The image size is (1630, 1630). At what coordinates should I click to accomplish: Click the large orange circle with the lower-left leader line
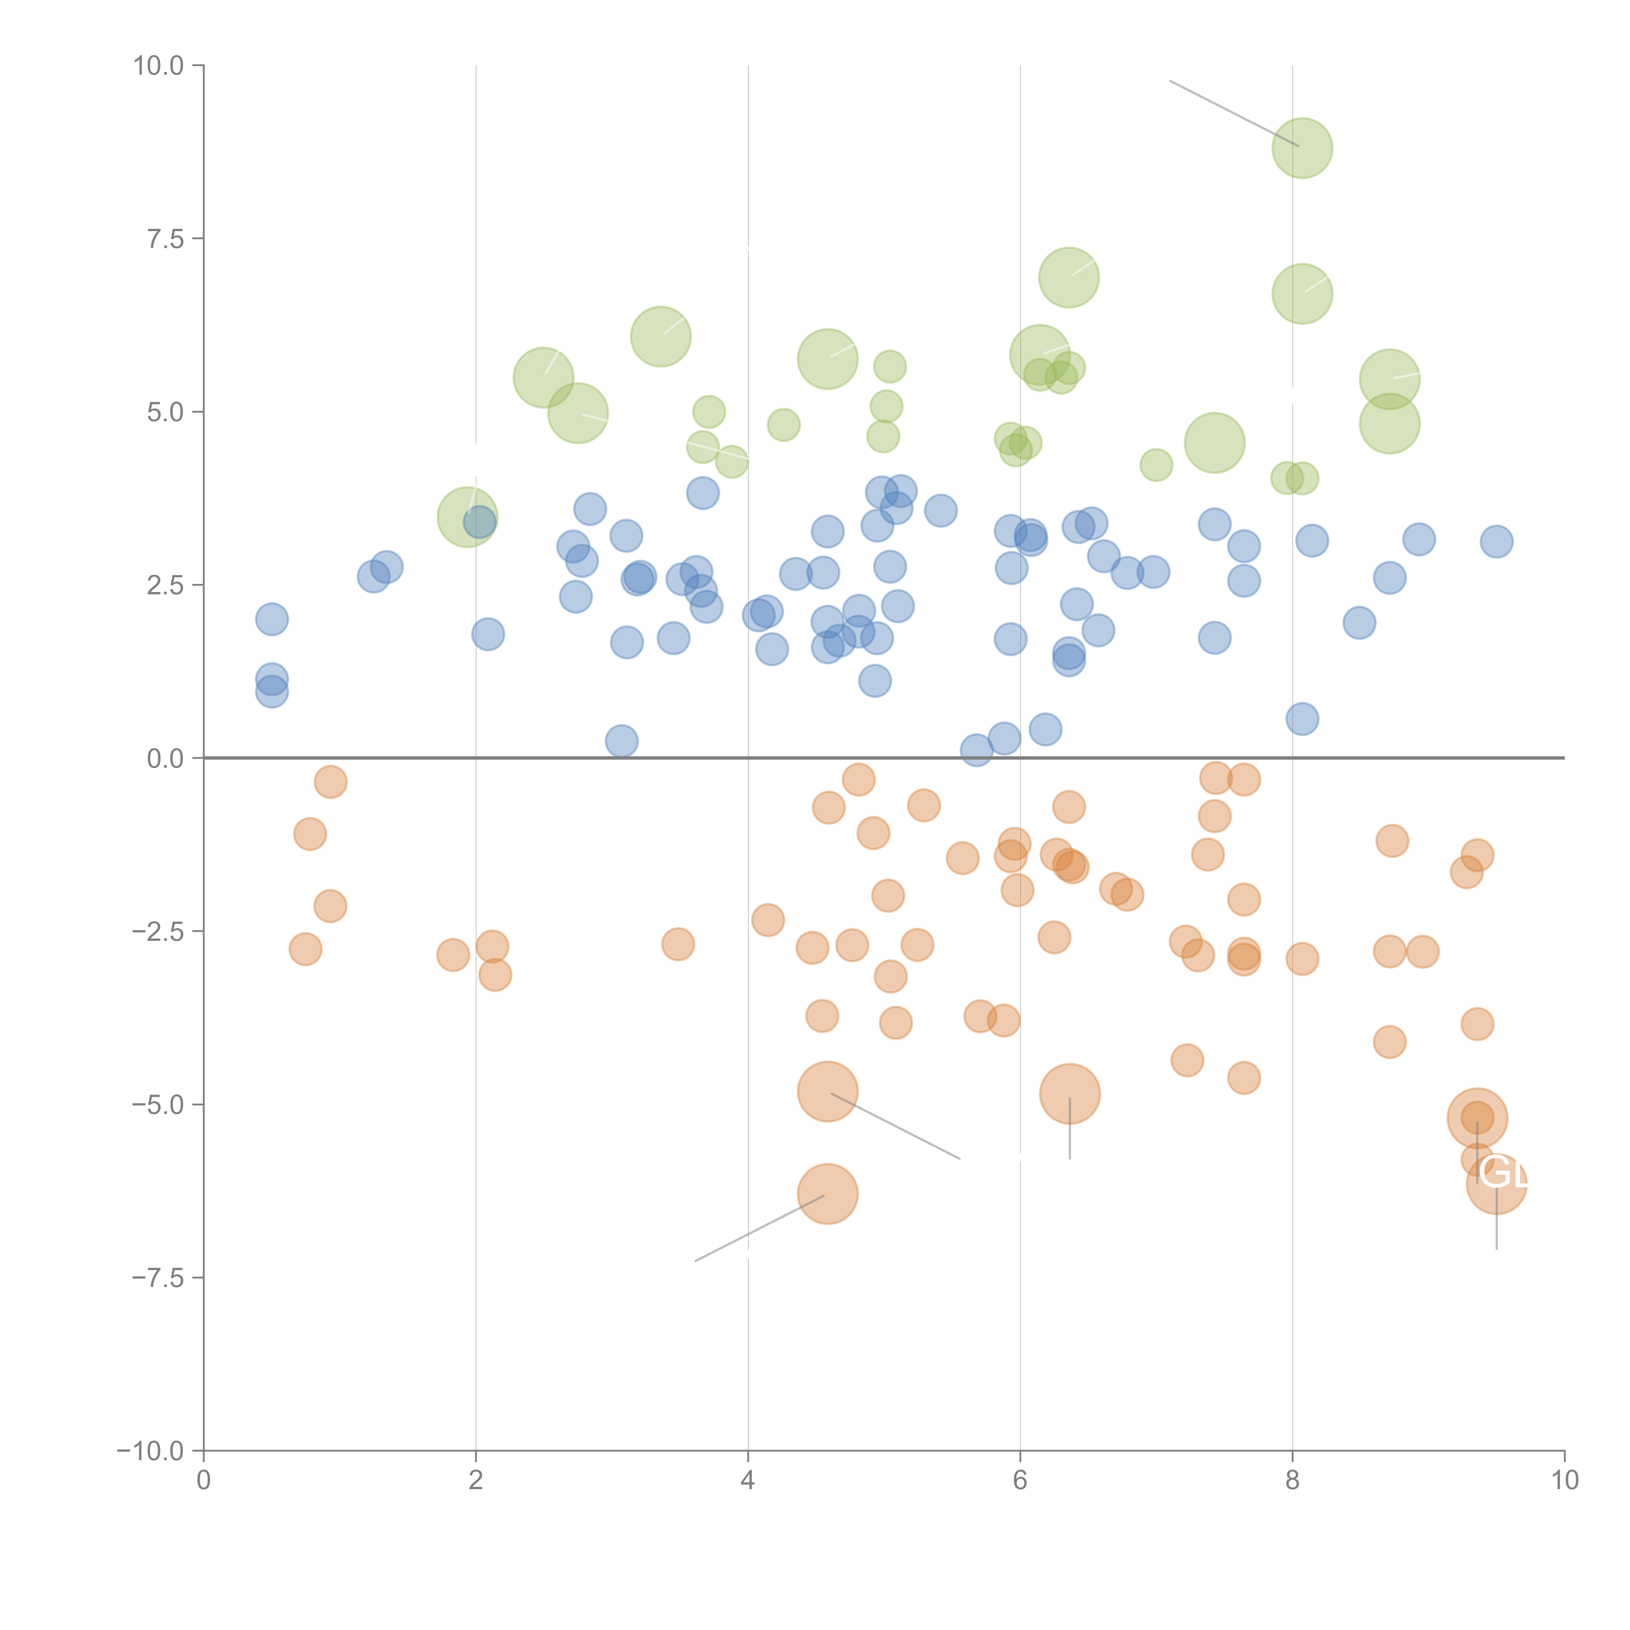tap(828, 1194)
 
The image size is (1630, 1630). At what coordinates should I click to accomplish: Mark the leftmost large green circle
tap(467, 517)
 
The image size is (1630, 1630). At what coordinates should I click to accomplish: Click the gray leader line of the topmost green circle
tap(1232, 113)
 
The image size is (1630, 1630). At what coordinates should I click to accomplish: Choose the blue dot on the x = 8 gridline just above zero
tap(1302, 719)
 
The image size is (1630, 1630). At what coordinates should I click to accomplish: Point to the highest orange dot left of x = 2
tap(331, 782)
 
